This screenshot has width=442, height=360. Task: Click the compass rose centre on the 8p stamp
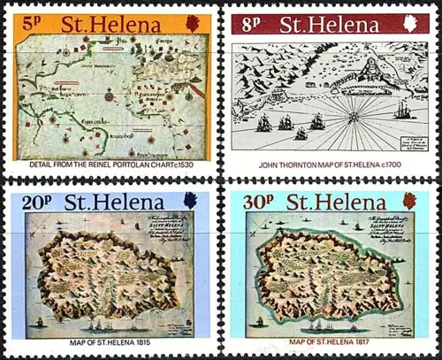point(348,115)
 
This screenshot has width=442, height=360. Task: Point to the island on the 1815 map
point(106,274)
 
